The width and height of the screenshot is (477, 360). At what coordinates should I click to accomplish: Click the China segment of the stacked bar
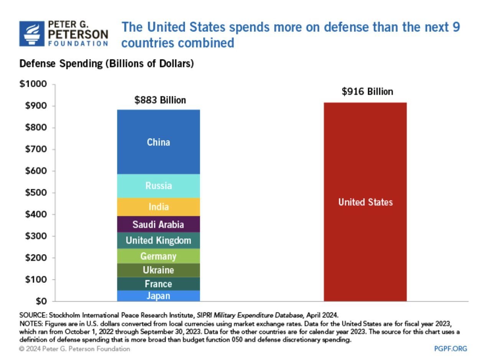tap(158, 142)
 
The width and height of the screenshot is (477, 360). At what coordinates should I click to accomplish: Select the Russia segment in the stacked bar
tap(158, 186)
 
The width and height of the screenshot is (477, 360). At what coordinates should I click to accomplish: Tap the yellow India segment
tap(158, 207)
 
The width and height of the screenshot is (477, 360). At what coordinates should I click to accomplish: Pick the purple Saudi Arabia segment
tap(158, 225)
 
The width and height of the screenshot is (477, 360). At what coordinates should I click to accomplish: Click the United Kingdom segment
tap(158, 241)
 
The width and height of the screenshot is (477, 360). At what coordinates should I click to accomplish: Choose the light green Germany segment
tap(158, 256)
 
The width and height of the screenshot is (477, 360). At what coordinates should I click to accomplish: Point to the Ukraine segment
tap(158, 270)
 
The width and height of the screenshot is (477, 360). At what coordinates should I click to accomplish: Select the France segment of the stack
tap(158, 284)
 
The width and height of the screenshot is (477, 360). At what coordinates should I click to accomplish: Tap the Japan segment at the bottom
tap(158, 296)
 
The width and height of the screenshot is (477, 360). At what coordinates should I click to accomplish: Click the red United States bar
tap(365, 202)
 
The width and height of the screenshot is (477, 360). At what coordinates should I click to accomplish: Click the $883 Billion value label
tap(160, 100)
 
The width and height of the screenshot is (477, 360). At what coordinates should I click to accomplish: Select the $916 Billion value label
tap(367, 92)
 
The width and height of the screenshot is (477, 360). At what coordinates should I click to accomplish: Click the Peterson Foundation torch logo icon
tap(31, 34)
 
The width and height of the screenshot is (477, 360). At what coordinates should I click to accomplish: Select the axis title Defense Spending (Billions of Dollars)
tap(107, 64)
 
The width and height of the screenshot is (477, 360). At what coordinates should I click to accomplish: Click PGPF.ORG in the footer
tap(451, 349)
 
